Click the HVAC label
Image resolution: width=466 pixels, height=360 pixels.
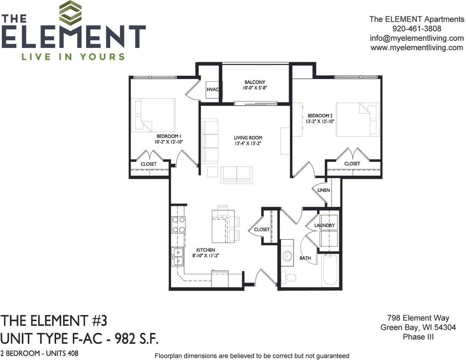213,90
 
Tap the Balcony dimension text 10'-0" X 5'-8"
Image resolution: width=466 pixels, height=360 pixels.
255,88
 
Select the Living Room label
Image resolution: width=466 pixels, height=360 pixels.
248,138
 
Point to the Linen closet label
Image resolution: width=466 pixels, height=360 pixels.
324,190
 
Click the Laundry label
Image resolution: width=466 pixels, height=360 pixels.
324,225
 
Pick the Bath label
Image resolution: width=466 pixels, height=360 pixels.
305,258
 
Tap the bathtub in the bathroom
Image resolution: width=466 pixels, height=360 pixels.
331,270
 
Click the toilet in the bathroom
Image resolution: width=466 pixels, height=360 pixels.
289,277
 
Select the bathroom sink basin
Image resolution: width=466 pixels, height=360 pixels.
287,256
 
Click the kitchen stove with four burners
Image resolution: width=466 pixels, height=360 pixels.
178,225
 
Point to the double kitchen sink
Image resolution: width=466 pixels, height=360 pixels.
178,256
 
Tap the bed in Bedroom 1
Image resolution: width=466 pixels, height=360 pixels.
154,114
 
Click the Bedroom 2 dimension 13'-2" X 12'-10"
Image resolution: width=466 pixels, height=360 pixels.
320,121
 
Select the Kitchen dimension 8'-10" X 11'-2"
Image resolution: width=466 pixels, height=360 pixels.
205,256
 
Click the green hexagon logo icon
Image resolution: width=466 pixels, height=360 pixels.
70,13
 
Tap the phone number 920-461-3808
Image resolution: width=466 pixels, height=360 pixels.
417,28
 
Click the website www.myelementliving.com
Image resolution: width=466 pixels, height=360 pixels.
417,48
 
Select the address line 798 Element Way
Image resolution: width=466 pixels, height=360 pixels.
418,318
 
